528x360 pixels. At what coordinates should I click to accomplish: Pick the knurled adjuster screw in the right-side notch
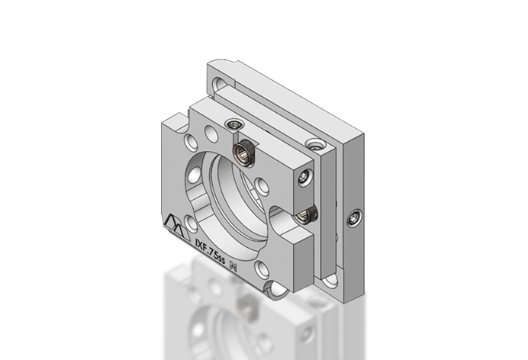pyautogui.click(x=306, y=215)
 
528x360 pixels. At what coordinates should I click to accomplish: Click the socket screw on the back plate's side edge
pyautogui.click(x=353, y=220)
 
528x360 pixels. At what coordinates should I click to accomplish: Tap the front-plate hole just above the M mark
pyautogui.click(x=262, y=267)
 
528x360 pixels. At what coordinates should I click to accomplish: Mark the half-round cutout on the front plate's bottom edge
pyautogui.click(x=275, y=291)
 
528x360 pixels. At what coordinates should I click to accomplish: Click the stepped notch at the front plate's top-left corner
pyautogui.click(x=173, y=119)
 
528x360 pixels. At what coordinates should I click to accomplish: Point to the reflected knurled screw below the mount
pyautogui.click(x=247, y=309)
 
